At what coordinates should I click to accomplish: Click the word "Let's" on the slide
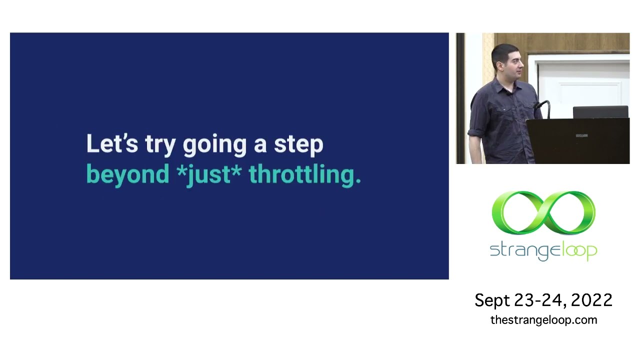(x=111, y=144)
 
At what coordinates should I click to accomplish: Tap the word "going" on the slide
(x=214, y=145)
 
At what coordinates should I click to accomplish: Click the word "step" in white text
(x=298, y=145)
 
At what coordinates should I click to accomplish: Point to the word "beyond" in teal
(x=127, y=175)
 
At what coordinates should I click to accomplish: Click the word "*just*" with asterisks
(x=209, y=175)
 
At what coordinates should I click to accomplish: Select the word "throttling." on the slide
(x=304, y=175)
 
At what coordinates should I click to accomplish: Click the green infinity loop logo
(x=543, y=212)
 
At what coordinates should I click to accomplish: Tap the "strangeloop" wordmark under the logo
(x=543, y=250)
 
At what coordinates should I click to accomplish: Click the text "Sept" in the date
(x=492, y=300)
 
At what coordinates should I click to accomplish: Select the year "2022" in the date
(x=591, y=300)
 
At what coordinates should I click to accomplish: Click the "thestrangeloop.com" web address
(x=543, y=320)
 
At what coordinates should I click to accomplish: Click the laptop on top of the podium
(x=600, y=112)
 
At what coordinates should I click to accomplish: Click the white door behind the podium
(x=580, y=85)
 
